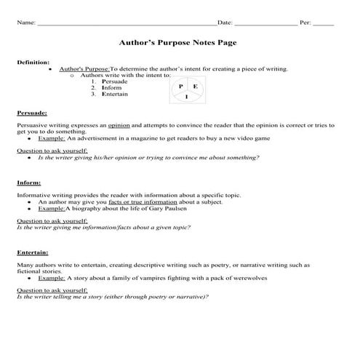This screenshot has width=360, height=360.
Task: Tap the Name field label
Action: point(25,23)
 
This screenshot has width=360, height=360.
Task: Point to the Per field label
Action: point(305,23)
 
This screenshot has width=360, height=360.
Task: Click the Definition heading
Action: point(33,63)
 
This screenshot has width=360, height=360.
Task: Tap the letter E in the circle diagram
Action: point(196,87)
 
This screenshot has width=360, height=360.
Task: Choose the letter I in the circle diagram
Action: point(187,97)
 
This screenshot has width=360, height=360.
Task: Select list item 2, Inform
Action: point(111,88)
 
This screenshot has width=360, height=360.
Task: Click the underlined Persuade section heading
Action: point(32,113)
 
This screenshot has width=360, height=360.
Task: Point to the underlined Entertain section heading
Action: point(32,252)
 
